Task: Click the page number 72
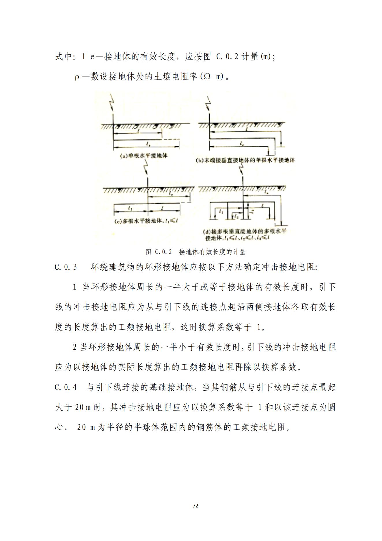(195, 506)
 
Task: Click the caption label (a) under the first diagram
(124, 156)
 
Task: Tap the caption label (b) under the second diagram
(200, 160)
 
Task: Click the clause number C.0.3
(66, 267)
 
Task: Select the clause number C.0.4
(66, 387)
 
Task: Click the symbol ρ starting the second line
(77, 77)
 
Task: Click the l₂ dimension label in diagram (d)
(236, 216)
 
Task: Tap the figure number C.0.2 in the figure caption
(163, 252)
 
